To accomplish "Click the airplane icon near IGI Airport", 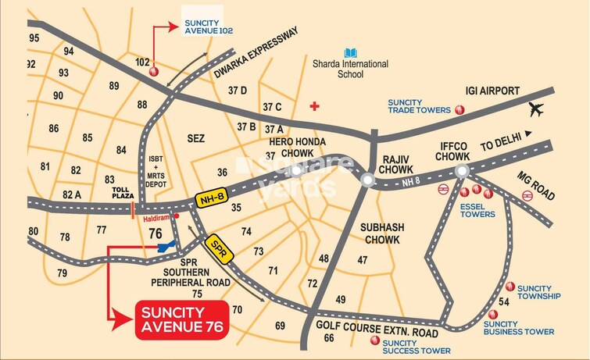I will pyautogui.click(x=537, y=109).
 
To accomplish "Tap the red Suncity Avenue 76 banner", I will pyautogui.click(x=181, y=319).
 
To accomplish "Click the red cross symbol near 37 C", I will pyautogui.click(x=314, y=105).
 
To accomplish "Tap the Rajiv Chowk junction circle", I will pyautogui.click(x=367, y=180).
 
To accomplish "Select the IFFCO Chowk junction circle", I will pyautogui.click(x=462, y=171).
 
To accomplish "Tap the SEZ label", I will pyautogui.click(x=196, y=138).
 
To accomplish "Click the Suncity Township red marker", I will pyautogui.click(x=511, y=287).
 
